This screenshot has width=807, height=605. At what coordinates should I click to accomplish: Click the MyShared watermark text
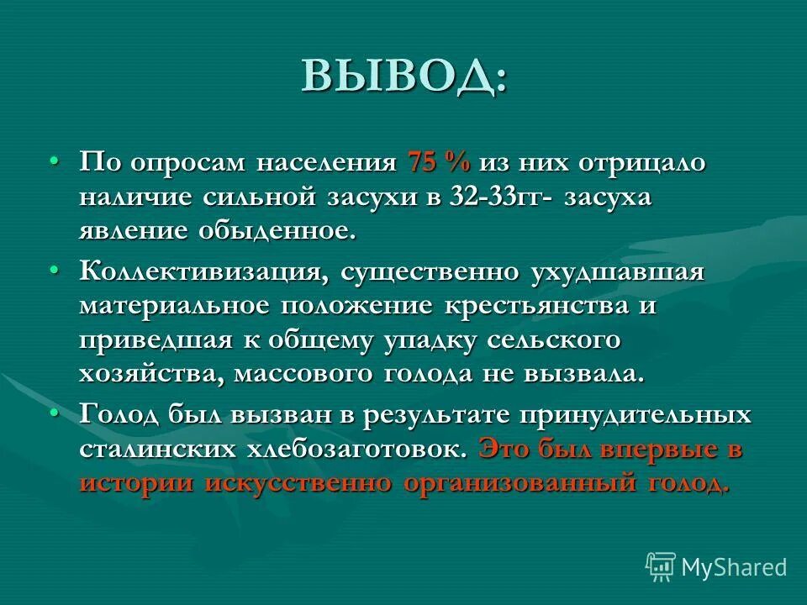pyautogui.click(x=734, y=567)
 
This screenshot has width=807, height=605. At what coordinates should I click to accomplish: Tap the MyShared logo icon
pyautogui.click(x=661, y=566)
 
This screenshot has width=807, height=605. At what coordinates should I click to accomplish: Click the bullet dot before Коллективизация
pyautogui.click(x=55, y=270)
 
